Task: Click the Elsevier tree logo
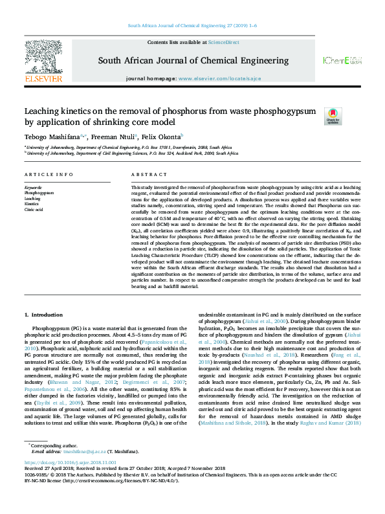43,61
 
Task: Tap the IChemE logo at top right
342,60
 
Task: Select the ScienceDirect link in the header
223,41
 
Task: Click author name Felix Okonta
162,137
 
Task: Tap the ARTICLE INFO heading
49,175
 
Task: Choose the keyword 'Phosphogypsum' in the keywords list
39,193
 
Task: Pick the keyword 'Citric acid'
34,210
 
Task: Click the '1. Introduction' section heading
45,314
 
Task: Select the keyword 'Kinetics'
33,204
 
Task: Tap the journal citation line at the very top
192,26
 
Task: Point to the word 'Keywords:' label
33,187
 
